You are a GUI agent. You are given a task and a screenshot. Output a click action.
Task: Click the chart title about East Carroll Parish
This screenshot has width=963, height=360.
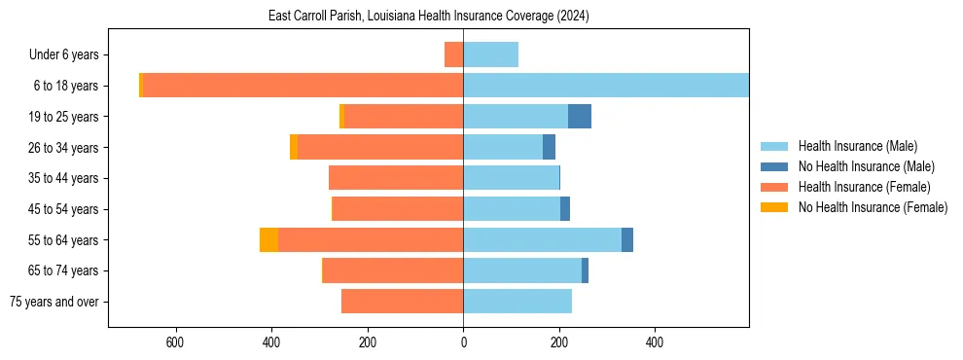(429, 17)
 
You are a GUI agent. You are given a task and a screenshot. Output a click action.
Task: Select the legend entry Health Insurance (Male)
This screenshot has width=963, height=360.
(857, 146)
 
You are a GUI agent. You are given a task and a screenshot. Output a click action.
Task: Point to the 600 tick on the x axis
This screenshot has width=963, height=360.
(176, 342)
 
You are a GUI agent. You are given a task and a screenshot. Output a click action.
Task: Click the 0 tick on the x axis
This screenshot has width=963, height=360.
(463, 342)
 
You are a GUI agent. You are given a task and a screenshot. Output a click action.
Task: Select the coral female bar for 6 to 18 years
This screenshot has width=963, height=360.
(303, 86)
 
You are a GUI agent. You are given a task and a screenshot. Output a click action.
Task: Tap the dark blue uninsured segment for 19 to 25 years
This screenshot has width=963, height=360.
(580, 117)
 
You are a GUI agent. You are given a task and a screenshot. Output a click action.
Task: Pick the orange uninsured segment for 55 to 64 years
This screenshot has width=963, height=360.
(268, 240)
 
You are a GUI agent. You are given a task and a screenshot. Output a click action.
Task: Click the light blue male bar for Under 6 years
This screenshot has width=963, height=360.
(490, 54)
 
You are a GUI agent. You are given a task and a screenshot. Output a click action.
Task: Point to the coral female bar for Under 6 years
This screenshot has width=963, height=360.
(453, 54)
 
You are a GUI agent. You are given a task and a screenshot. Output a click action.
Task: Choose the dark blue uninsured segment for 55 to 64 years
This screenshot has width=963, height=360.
(627, 240)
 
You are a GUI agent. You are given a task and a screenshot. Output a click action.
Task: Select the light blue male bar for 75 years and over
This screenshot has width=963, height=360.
(517, 302)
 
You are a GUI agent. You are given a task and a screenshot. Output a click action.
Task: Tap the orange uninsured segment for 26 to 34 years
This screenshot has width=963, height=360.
(294, 147)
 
